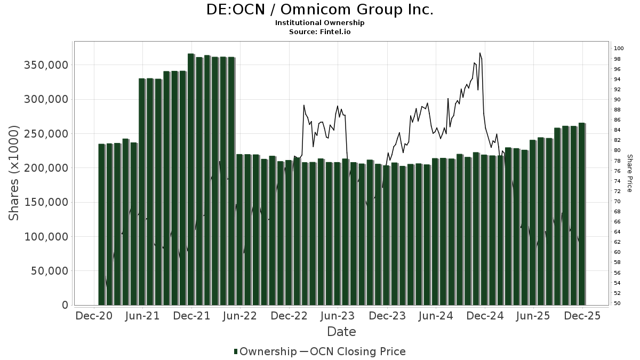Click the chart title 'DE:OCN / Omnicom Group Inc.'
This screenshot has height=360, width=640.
[x=319, y=10]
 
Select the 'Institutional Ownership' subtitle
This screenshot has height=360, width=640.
[x=319, y=23]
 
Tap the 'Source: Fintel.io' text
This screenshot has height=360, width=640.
[x=319, y=32]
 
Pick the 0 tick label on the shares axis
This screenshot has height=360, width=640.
[x=65, y=305]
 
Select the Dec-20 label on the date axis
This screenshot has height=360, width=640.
[x=94, y=316]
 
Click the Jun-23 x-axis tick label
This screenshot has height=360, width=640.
[x=338, y=316]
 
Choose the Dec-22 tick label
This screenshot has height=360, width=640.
[x=289, y=316]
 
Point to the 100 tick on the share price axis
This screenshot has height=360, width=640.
[x=619, y=49]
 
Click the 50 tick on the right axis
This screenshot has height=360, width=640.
[x=617, y=303]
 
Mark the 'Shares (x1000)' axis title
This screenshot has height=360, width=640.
[x=14, y=173]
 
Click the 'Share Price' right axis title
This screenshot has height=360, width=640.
[x=629, y=173]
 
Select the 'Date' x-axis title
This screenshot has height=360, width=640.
[x=341, y=332]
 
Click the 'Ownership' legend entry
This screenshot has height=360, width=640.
[x=265, y=351]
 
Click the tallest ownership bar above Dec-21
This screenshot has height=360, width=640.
[x=191, y=179]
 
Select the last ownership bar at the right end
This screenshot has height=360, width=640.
[x=582, y=213]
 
